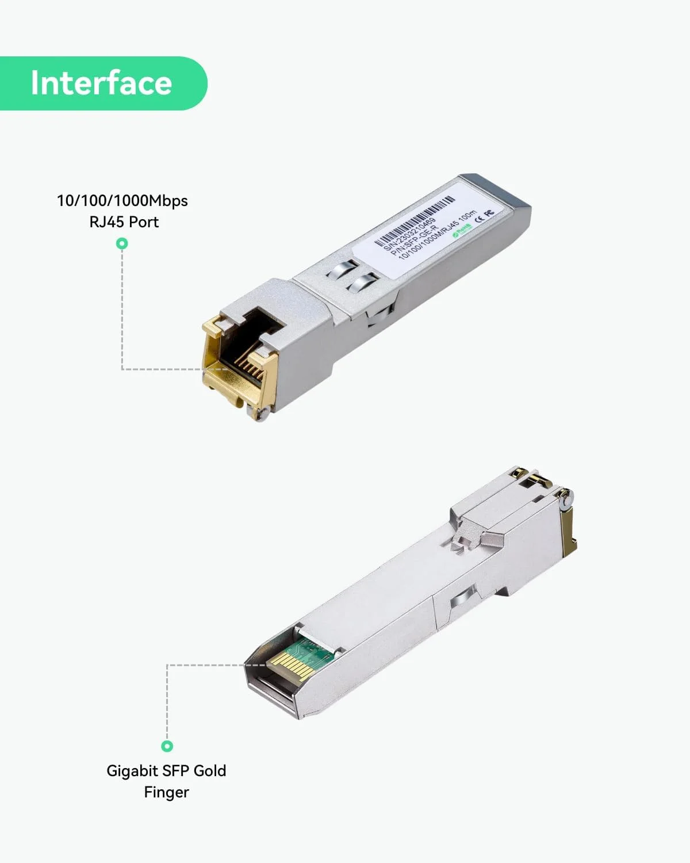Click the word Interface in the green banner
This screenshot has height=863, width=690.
[101, 83]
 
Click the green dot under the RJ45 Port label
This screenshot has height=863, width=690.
[122, 244]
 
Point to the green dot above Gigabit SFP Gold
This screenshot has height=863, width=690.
[167, 746]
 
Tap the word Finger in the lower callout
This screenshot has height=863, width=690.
[166, 792]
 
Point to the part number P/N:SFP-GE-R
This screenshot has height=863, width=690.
[415, 240]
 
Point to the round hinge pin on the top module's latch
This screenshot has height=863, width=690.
[264, 414]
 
